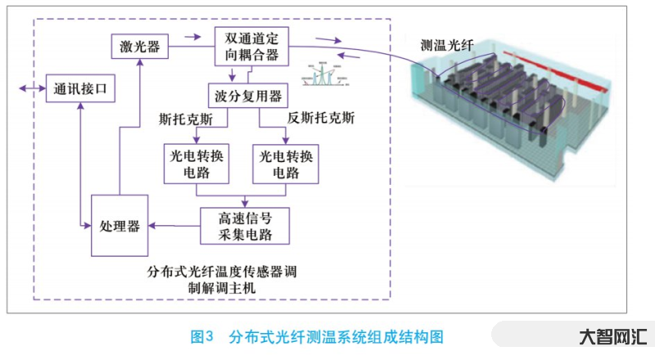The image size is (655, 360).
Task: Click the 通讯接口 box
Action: pos(79,88)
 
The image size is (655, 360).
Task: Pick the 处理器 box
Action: pos(120,224)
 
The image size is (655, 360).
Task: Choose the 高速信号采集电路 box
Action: pos(245,226)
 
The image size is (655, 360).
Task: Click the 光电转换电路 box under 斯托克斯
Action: pos(196,164)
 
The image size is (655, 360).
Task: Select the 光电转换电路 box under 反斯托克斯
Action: pos(286,164)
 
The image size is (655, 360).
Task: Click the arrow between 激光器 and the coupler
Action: pos(192,36)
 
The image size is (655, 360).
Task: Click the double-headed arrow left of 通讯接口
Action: pos(35,88)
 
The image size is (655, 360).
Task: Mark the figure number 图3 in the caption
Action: pos(201,336)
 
